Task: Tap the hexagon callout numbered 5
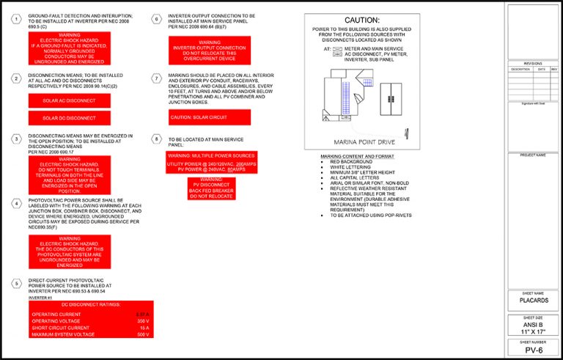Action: point(16,283)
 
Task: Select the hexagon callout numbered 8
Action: point(156,139)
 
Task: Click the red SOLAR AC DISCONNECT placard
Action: point(69,100)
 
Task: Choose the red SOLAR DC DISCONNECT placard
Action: point(69,118)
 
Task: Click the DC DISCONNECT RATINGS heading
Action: point(91,304)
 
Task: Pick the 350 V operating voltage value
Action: point(143,321)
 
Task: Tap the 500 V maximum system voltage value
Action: point(143,334)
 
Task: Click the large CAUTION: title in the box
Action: point(361,21)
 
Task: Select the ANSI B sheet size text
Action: point(533,325)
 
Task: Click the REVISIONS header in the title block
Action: point(533,64)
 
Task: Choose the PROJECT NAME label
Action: point(533,155)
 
